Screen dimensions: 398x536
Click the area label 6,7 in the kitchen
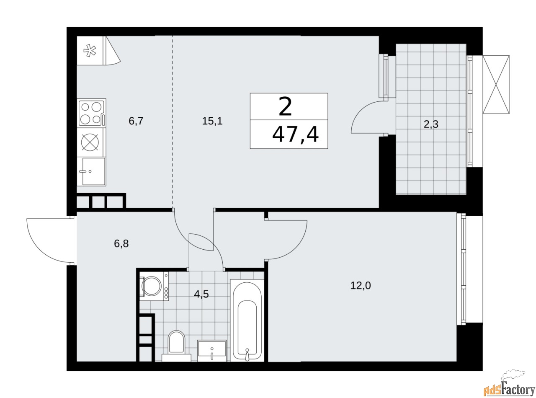pos(136,121)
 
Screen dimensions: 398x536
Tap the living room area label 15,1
pos(212,121)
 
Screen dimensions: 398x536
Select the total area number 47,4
pos(295,135)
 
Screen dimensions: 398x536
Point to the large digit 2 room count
pos(285,107)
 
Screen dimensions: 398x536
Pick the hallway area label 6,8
pos(121,243)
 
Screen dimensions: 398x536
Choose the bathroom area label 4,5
pos(201,294)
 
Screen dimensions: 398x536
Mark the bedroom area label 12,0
pos(361,286)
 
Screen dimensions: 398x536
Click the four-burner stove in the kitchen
pos(91,113)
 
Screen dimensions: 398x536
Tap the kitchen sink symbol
pos(92,171)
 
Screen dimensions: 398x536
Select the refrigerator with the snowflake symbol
pos(90,51)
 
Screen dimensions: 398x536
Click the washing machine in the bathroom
pos(153,286)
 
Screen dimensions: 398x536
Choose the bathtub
pos(247,320)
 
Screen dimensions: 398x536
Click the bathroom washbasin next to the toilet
pos(212,350)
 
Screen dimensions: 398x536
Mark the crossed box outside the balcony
pos(496,85)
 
